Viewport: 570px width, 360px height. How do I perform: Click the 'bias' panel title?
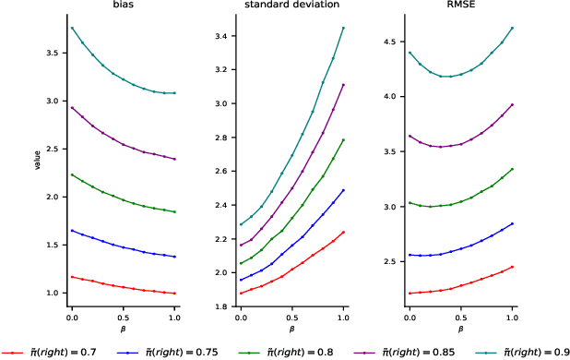123,6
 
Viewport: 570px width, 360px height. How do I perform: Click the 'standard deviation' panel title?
291,6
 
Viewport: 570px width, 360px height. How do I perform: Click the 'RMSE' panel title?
459,6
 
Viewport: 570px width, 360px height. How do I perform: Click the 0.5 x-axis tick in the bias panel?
123,317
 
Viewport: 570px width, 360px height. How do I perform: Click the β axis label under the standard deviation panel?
291,329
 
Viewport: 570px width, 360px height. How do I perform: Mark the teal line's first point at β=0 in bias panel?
72,28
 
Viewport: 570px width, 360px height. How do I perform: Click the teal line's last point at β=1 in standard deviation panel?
343,28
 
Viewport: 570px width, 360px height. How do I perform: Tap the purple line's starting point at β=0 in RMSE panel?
410,136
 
